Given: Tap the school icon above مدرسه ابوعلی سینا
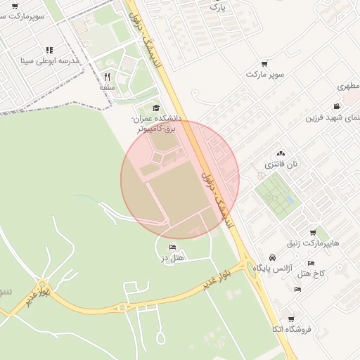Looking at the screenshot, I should click(49, 50).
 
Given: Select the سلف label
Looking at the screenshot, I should click(107, 87).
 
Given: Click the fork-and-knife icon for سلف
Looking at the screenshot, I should click(107, 77).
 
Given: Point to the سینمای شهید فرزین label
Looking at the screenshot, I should click(332, 117).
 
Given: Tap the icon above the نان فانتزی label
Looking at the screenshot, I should click(281, 153).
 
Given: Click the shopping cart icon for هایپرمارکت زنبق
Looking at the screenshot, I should click(312, 233).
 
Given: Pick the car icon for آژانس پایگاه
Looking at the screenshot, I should click(271, 257).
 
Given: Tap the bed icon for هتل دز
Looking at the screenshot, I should click(173, 247).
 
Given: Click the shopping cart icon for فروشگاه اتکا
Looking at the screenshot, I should click(290, 319).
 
